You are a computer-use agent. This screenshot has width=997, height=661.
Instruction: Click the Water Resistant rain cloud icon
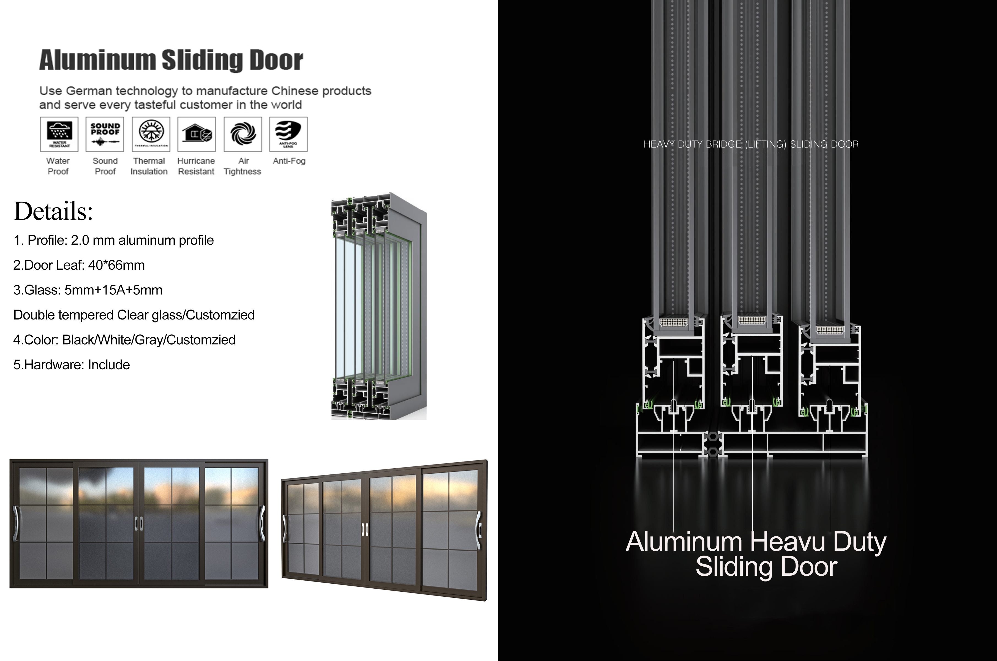59,134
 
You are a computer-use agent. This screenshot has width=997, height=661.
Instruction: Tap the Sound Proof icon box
105,134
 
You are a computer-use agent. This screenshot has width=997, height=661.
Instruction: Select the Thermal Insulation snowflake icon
151,134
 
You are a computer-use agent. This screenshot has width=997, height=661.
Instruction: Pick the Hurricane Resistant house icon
197,134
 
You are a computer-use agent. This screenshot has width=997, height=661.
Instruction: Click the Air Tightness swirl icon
243,134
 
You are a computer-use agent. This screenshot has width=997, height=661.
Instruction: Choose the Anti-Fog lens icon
288,134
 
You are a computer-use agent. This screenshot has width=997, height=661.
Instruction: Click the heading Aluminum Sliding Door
171,60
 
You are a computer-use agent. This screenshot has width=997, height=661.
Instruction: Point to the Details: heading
53,211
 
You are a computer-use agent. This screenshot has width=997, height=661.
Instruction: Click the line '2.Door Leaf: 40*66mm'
79,265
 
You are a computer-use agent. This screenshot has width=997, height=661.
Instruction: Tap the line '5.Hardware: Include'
71,365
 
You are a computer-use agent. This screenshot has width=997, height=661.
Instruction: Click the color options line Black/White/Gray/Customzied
124,340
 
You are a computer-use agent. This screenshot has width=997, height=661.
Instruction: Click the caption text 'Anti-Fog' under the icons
289,161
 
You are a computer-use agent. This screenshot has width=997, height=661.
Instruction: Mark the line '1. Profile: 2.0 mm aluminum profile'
113,240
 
